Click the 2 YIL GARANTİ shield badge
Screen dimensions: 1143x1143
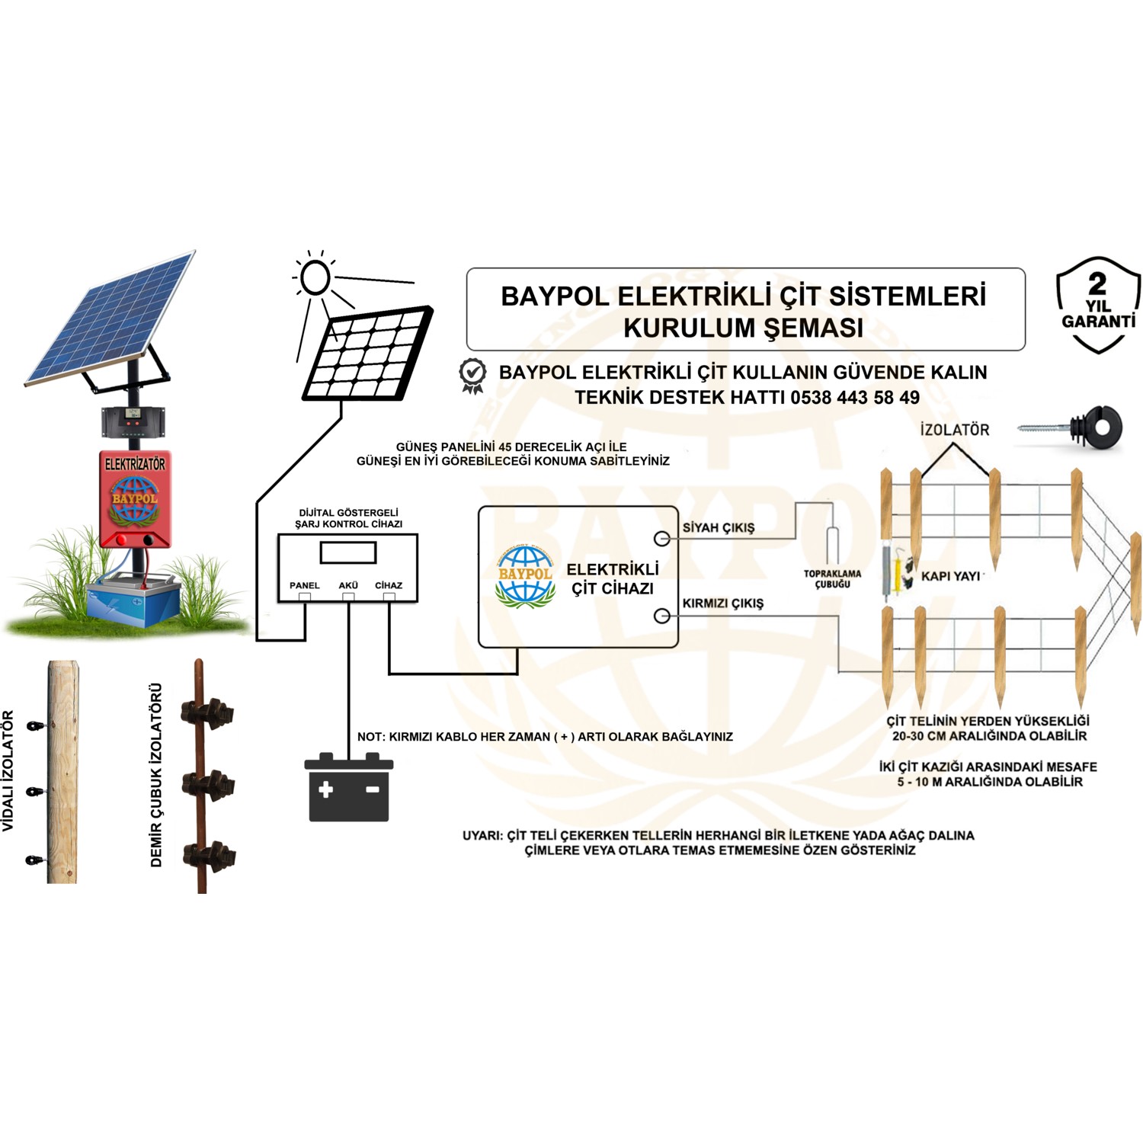click(1097, 305)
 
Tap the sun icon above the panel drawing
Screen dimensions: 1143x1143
click(314, 277)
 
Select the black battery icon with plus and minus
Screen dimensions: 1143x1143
click(349, 788)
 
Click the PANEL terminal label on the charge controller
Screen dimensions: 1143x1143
click(304, 585)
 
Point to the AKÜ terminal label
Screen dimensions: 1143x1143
click(348, 585)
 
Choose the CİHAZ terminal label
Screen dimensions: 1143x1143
click(389, 585)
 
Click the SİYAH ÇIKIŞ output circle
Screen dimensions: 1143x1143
click(662, 539)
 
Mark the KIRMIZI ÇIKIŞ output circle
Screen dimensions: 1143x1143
click(662, 616)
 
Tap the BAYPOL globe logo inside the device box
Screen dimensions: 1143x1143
click(525, 577)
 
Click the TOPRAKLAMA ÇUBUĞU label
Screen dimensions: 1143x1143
click(832, 579)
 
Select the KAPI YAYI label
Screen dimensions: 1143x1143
click(950, 576)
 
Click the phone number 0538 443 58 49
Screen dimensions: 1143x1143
click(855, 397)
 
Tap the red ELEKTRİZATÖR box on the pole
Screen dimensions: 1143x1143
click(135, 497)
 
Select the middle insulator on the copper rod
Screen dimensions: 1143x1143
click(207, 783)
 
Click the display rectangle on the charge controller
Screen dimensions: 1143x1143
click(348, 552)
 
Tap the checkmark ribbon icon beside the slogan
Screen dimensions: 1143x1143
click(473, 375)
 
